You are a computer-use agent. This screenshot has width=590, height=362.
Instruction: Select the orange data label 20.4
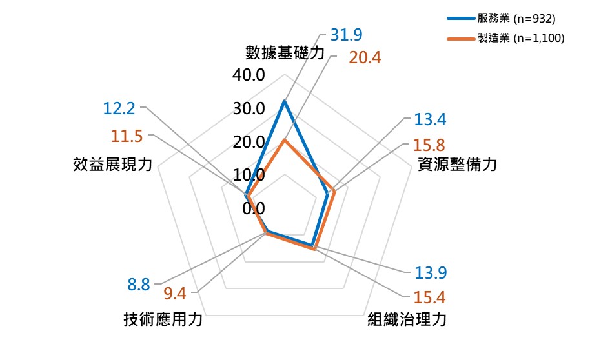(365, 57)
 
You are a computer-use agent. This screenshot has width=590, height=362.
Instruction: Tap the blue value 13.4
(431, 119)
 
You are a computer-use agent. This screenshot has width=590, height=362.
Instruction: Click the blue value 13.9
(431, 273)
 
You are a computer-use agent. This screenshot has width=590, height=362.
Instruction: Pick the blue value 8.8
(139, 284)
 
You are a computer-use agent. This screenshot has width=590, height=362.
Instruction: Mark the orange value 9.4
(175, 294)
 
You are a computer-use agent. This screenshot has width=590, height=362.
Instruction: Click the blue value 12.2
(119, 108)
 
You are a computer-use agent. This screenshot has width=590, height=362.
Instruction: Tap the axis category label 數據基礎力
(284, 52)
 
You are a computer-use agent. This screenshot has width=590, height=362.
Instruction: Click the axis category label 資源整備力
(457, 165)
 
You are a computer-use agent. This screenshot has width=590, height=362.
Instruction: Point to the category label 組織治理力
(407, 319)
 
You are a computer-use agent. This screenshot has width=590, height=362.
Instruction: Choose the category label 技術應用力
(163, 319)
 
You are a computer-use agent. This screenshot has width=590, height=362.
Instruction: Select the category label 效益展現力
(112, 165)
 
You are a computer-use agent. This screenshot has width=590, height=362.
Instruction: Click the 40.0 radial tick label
(249, 75)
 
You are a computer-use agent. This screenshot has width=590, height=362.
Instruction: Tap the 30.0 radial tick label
(249, 108)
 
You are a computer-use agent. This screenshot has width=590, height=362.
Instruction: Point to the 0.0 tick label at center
(254, 208)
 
